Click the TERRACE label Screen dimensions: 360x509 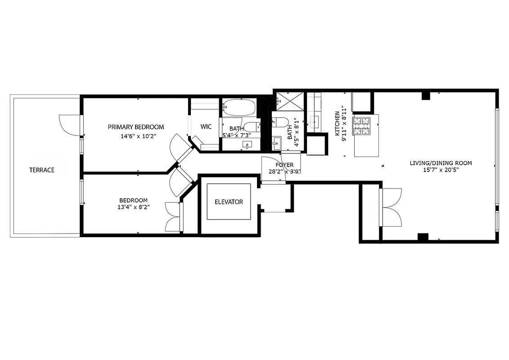[x=42, y=170]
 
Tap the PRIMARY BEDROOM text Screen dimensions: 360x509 [x=136, y=127]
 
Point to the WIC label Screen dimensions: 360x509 [x=206, y=127]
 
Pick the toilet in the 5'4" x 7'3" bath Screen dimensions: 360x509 [x=252, y=126]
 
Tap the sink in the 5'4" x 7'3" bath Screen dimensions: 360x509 [x=247, y=144]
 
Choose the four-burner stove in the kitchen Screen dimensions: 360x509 [x=361, y=126]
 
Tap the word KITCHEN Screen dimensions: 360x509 [x=337, y=123]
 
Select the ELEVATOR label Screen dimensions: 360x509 [x=229, y=202]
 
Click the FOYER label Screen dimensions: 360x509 [x=285, y=165]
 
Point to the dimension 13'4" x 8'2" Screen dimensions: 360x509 [x=134, y=207]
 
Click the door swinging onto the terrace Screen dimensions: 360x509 [x=69, y=125]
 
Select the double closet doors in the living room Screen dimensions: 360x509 [x=391, y=207]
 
